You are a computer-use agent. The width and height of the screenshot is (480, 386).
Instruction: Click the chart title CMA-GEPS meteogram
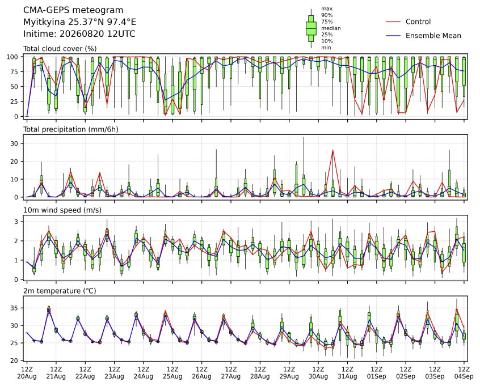[73, 10]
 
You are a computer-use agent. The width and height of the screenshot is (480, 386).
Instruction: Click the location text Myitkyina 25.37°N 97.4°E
[79, 22]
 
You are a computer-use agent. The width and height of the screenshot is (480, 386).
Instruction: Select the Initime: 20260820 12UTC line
[79, 33]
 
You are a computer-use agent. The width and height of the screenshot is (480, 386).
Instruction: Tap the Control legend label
[418, 22]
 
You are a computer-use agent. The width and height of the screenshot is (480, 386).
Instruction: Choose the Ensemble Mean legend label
[433, 36]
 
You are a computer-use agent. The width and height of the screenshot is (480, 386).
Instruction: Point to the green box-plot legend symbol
[311, 28]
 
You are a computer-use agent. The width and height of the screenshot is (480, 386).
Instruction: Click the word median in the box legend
[331, 28]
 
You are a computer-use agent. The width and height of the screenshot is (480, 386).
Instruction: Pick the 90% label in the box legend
[327, 15]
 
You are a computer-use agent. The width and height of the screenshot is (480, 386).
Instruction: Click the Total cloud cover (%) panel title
[60, 49]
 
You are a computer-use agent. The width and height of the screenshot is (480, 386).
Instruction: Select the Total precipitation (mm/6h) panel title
[71, 129]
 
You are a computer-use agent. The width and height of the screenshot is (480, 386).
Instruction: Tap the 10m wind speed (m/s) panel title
[62, 210]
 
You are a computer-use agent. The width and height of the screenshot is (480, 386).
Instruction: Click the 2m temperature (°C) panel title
[60, 291]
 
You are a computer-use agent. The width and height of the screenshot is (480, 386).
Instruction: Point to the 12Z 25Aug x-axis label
[172, 372]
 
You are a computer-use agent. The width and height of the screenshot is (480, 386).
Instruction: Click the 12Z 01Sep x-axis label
[377, 372]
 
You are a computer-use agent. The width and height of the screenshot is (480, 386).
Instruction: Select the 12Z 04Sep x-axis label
[464, 372]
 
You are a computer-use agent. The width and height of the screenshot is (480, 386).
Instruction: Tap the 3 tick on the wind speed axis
[16, 222]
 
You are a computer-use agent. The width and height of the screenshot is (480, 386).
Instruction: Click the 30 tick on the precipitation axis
[15, 143]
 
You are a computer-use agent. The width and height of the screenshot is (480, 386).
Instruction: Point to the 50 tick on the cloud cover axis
[15, 87]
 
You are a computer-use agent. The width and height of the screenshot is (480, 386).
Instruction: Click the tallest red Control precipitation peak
[332, 150]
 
